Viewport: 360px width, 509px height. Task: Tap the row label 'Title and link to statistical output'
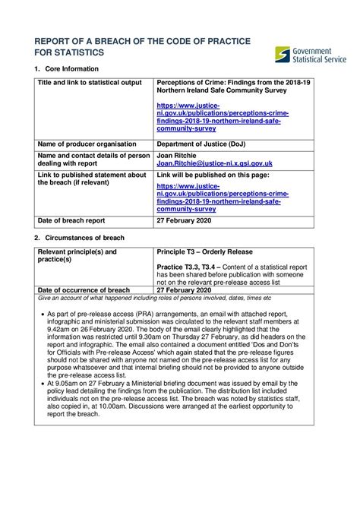coord(87,81)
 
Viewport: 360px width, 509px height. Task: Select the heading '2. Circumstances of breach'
coord(80,238)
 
